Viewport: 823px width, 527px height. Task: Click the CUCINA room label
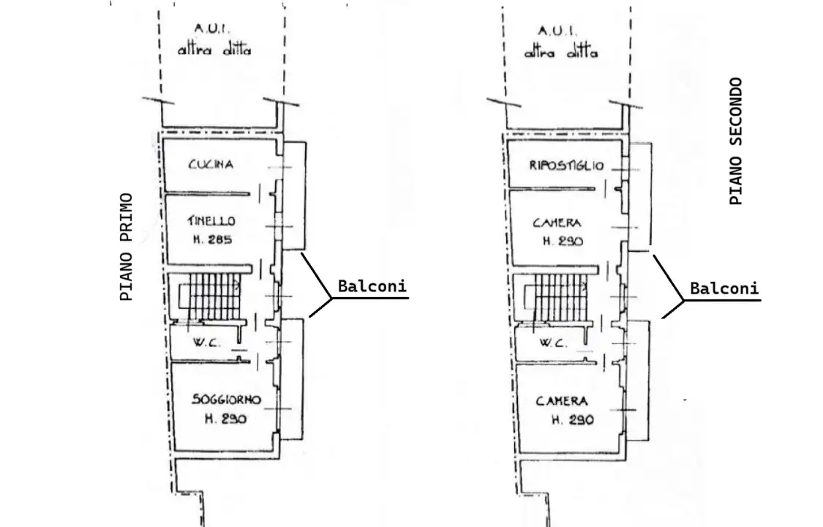coord(211,165)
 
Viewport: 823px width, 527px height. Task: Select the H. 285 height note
coord(212,239)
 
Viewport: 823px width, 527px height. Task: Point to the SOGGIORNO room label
coord(225,400)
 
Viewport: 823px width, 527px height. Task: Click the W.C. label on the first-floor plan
coord(203,343)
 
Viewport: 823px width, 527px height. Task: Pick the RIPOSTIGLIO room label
coord(567,166)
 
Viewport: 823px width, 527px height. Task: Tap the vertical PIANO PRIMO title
coord(127,247)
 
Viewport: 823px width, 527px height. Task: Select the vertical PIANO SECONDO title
coord(736,141)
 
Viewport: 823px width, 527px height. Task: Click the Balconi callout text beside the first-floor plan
coord(372,286)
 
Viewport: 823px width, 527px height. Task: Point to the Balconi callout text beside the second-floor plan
coord(724,288)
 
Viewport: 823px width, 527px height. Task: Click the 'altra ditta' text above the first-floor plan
coord(214,51)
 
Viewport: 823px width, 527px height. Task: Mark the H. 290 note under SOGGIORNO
coord(225,419)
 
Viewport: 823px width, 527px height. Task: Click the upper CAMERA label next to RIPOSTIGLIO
coord(557,223)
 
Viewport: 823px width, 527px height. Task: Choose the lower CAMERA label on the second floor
coord(562,401)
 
